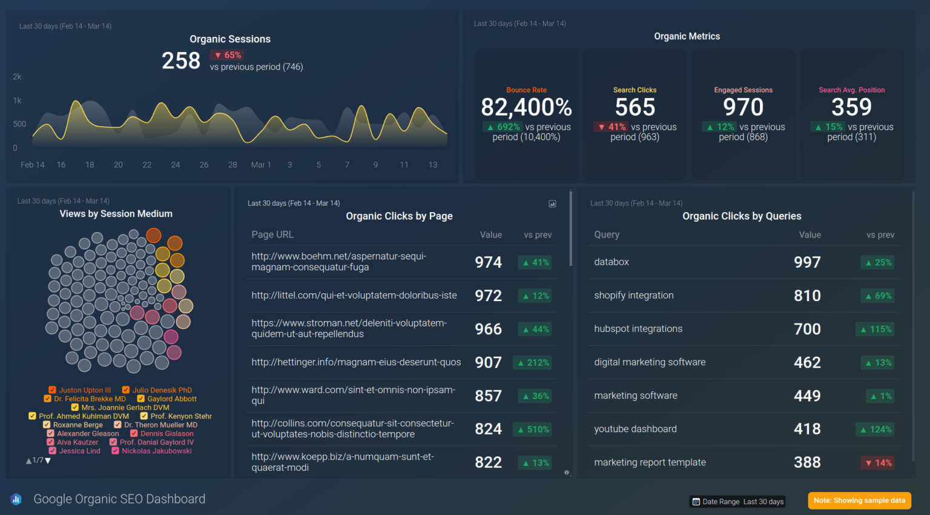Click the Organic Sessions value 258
coord(180,61)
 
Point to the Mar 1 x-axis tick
coord(260,165)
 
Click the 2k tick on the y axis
coord(17,77)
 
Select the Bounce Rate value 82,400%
coord(526,107)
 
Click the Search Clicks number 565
coord(635,107)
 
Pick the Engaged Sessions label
coord(743,90)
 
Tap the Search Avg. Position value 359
coord(851,107)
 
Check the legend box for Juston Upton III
coord(53,390)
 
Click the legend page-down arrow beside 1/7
coord(48,460)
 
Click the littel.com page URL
coord(354,296)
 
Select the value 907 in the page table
coord(488,362)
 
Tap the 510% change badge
coord(533,430)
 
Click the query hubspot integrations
coord(638,329)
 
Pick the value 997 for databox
coord(807,262)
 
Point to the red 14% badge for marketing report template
coord(878,463)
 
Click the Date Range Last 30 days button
coord(738,502)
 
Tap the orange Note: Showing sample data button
coord(859,500)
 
